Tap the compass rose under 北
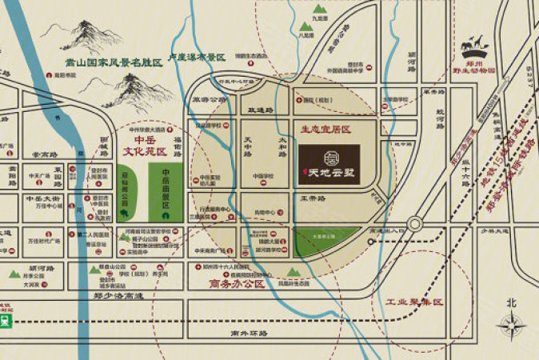click(510, 323)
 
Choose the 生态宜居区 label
click(323, 127)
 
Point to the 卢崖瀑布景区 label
click(190, 57)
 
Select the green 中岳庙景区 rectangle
click(166, 194)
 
